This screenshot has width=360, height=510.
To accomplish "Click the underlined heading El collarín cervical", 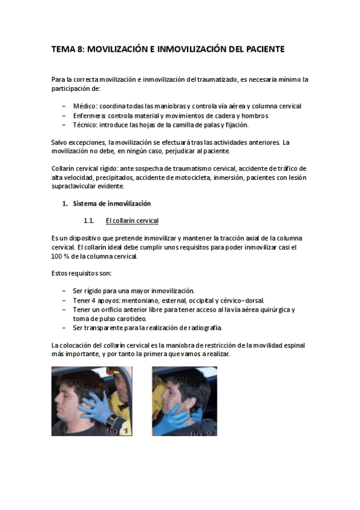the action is point(132,221).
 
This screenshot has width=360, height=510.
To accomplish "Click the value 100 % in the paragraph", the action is point(62,256).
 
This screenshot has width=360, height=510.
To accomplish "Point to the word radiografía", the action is point(201,328).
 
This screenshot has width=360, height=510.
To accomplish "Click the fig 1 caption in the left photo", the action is point(117,431).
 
